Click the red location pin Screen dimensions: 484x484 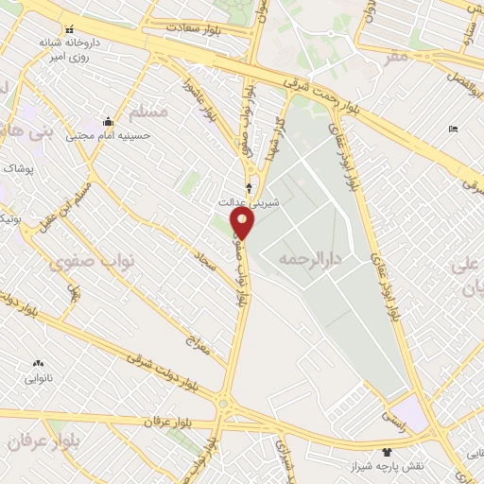click(244, 223)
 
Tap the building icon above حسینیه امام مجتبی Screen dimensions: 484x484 click(107, 122)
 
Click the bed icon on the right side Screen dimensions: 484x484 click(453, 129)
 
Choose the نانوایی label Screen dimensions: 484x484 click(38, 378)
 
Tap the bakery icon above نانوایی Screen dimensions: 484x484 click(38, 363)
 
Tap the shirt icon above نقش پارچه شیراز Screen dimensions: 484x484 click(386, 452)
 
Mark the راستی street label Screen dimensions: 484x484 click(393, 415)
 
